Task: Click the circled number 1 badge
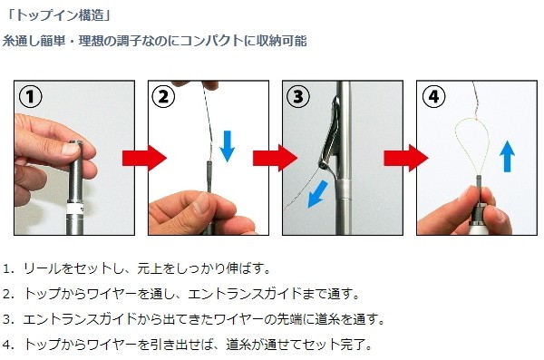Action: tap(31, 96)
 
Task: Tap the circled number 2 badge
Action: tap(163, 96)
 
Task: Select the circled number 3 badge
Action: tap(298, 96)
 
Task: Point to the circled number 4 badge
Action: tap(433, 96)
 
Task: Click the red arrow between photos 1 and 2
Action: tap(144, 158)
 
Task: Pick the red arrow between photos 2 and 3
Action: tap(275, 158)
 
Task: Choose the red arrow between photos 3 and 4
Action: tap(406, 158)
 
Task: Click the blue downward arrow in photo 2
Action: tap(228, 146)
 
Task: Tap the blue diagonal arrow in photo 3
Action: tap(318, 194)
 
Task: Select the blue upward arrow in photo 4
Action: tap(507, 156)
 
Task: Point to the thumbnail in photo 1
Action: tap(71, 149)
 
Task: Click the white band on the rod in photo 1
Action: tap(75, 209)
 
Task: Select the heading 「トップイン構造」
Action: tap(58, 15)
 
